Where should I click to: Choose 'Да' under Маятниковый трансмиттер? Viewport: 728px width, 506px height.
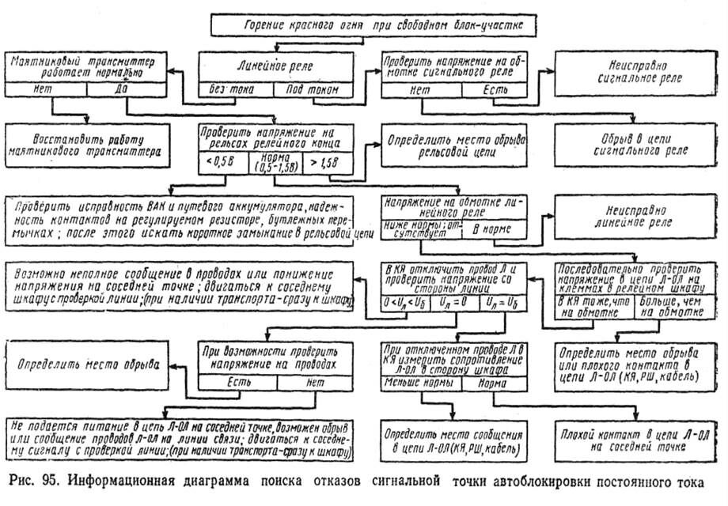click(x=121, y=89)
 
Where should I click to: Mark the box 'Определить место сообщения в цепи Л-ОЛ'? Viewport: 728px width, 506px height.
click(x=451, y=440)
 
